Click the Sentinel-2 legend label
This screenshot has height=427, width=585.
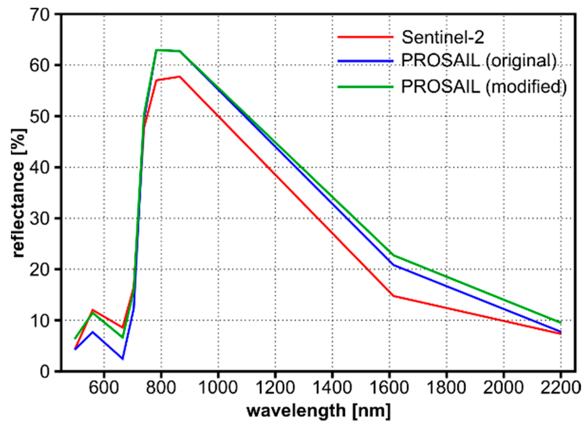pyautogui.click(x=443, y=37)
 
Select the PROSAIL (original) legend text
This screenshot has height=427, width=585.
pyautogui.click(x=479, y=61)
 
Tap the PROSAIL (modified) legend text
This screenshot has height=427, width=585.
pyautogui.click(x=484, y=87)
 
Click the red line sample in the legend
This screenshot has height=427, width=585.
pyautogui.click(x=365, y=37)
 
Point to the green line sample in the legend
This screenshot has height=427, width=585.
pyautogui.click(x=365, y=87)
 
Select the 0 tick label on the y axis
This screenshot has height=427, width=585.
pyautogui.click(x=45, y=372)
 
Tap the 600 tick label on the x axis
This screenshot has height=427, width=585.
pyautogui.click(x=104, y=387)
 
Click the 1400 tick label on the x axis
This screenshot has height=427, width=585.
pyautogui.click(x=332, y=387)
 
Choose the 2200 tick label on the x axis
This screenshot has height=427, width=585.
pyautogui.click(x=560, y=387)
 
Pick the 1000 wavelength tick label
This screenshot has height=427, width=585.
pyautogui.click(x=218, y=387)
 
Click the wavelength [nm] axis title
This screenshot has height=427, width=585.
pyautogui.click(x=318, y=411)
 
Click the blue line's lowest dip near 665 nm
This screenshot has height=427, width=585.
pyautogui.click(x=122, y=359)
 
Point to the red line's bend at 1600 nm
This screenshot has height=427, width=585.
pyautogui.click(x=393, y=296)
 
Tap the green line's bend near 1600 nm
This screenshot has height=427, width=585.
pyautogui.click(x=393, y=255)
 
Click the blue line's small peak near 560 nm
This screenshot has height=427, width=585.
pyautogui.click(x=93, y=332)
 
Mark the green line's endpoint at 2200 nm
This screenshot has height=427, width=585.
pyautogui.click(x=561, y=323)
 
